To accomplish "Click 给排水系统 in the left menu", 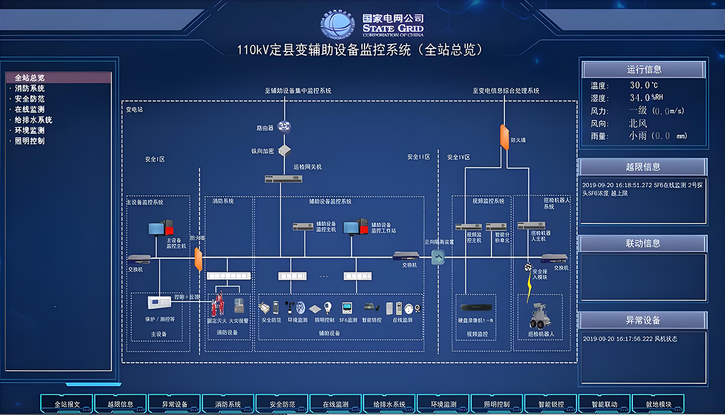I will point(33,120).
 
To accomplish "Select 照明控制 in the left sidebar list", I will point(30,141).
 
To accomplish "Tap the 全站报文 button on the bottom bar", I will point(67,404).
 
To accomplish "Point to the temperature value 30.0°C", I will point(644,85).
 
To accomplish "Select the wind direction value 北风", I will point(638,124).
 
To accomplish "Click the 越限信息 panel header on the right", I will point(643,167).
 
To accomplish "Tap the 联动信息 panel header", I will point(643,244).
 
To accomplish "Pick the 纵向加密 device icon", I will point(285,151).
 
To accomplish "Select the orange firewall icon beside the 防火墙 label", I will point(504,137).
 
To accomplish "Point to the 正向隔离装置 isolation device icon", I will point(438,257).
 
